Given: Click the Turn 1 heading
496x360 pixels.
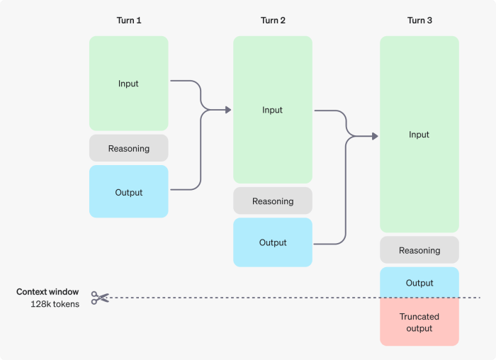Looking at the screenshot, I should pos(129,21).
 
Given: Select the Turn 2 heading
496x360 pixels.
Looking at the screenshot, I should pos(273,21).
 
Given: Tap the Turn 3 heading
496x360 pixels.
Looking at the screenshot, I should pos(419,21).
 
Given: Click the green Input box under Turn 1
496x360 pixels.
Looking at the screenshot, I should pos(128,84).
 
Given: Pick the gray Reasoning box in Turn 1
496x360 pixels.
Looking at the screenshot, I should pos(128,148).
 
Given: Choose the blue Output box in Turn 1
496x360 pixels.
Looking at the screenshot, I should pos(128,191).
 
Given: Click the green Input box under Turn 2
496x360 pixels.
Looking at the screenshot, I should pos(273,110).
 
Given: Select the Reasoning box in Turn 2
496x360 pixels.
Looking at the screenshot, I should pos(273,201).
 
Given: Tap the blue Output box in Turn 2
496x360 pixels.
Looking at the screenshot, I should pos(273,242).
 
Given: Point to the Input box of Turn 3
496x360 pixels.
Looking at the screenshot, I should pos(419,135).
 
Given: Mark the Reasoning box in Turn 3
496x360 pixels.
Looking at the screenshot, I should pos(419,250).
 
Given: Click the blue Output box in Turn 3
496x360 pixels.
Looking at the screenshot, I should pos(419,282).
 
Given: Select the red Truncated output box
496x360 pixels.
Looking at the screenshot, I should pos(419,322).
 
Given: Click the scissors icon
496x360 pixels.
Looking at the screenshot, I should pos(100,298).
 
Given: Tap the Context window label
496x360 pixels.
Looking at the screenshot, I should pos(47,292).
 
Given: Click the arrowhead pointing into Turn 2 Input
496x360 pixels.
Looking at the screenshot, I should pos(228,110).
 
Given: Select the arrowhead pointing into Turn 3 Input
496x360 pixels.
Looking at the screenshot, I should pos(375,135).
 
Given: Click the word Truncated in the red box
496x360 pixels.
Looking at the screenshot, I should pos(419,317).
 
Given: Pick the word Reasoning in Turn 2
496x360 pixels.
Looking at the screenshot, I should pos(273,201).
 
